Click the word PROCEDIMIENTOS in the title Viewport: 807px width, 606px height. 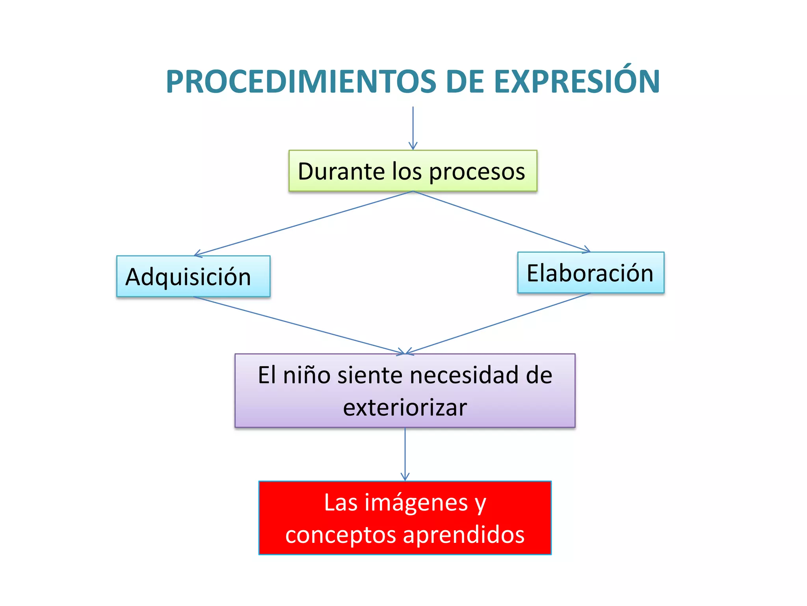click(301, 82)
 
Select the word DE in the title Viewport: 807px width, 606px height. click(465, 82)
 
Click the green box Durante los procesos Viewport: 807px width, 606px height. click(413, 171)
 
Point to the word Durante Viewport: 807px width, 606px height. click(341, 171)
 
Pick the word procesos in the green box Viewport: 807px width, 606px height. click(477, 172)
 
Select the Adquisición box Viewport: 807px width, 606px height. click(193, 277)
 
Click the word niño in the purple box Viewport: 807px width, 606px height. click(307, 375)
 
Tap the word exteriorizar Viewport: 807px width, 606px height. click(405, 408)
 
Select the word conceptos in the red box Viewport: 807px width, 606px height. click(340, 535)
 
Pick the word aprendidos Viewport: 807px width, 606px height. click(464, 535)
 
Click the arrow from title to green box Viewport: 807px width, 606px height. click(413, 128)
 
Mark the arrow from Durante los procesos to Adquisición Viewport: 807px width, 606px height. click(303, 223)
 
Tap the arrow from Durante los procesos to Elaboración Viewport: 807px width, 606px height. click(501, 222)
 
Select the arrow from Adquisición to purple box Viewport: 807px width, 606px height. click(299, 325)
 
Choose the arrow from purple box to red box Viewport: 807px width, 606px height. click(405, 454)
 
